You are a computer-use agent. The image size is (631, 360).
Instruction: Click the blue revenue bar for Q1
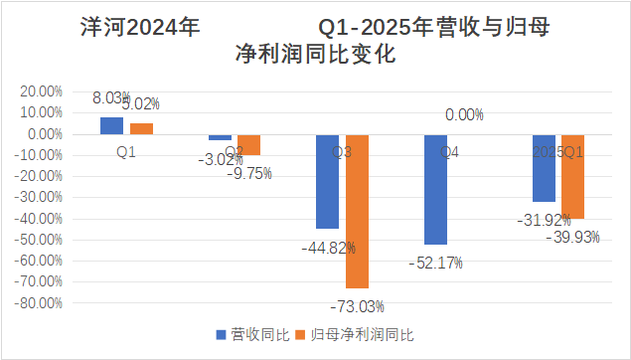point(111,125)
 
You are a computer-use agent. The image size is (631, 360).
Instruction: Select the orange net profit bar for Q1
point(141,128)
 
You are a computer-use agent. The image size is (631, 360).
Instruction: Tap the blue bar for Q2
point(220,137)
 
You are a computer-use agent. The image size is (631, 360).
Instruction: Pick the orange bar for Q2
point(248,144)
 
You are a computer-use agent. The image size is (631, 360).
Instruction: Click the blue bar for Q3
point(327,181)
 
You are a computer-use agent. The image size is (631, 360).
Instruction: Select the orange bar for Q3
point(357,211)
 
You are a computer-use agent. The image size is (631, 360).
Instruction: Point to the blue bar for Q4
point(435,189)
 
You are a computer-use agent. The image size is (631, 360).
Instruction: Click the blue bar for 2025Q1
point(544,167)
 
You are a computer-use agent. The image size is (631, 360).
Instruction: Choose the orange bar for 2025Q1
point(572,176)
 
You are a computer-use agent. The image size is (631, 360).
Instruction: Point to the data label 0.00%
point(464,115)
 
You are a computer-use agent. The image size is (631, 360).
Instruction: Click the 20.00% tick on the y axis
point(40,90)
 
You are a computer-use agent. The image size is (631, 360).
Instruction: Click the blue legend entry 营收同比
point(252,334)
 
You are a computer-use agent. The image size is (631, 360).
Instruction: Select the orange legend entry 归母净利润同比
point(362,334)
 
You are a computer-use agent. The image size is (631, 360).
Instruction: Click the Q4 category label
point(449,152)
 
